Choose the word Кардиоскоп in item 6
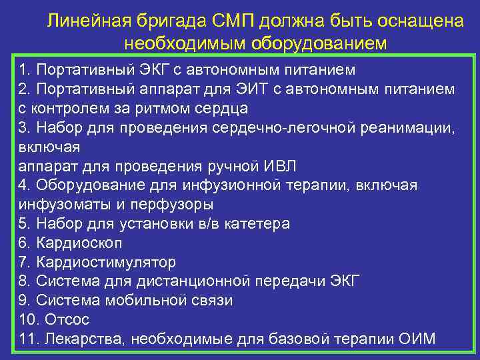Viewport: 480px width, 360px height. click(79, 243)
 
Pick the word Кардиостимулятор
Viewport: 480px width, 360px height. click(106, 262)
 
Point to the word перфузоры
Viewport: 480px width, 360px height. click(181, 204)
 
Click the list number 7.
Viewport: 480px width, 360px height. click(25, 262)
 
